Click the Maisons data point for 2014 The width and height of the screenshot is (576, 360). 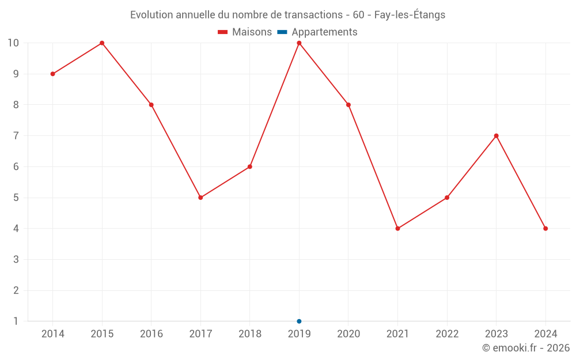pyautogui.click(x=52, y=74)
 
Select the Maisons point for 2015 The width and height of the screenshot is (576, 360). pyautogui.click(x=102, y=43)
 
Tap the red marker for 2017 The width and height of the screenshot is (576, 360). pyautogui.click(x=200, y=198)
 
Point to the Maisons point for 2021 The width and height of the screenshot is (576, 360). pyautogui.click(x=397, y=229)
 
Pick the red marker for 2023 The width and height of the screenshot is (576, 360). pyautogui.click(x=496, y=136)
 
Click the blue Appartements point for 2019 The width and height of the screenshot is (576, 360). pyautogui.click(x=299, y=321)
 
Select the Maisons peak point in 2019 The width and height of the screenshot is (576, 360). pyautogui.click(x=299, y=43)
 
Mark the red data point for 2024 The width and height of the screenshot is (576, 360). pyautogui.click(x=545, y=229)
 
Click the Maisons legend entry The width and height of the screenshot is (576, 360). pyautogui.click(x=245, y=32)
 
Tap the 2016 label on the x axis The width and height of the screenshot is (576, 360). pyautogui.click(x=151, y=334)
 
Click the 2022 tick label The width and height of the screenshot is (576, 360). pyautogui.click(x=447, y=334)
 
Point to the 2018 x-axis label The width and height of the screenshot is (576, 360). pyautogui.click(x=250, y=334)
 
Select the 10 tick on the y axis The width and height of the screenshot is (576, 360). pyautogui.click(x=13, y=43)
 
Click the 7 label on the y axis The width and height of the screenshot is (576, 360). pyautogui.click(x=16, y=136)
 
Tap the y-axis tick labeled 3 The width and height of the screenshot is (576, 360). pyautogui.click(x=16, y=260)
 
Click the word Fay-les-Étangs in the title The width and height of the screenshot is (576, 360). pyautogui.click(x=410, y=15)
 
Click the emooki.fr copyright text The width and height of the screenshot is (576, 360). pyautogui.click(x=526, y=348)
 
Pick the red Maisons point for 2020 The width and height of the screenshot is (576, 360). pyautogui.click(x=348, y=105)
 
